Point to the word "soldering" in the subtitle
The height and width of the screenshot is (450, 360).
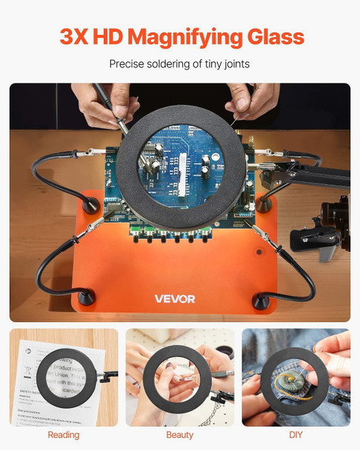171,64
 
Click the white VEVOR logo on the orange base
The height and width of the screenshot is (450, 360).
175,299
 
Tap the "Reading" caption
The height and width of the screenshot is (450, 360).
64,434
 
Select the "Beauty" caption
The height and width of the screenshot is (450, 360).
180,434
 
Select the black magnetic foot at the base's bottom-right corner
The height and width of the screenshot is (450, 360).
262,300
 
